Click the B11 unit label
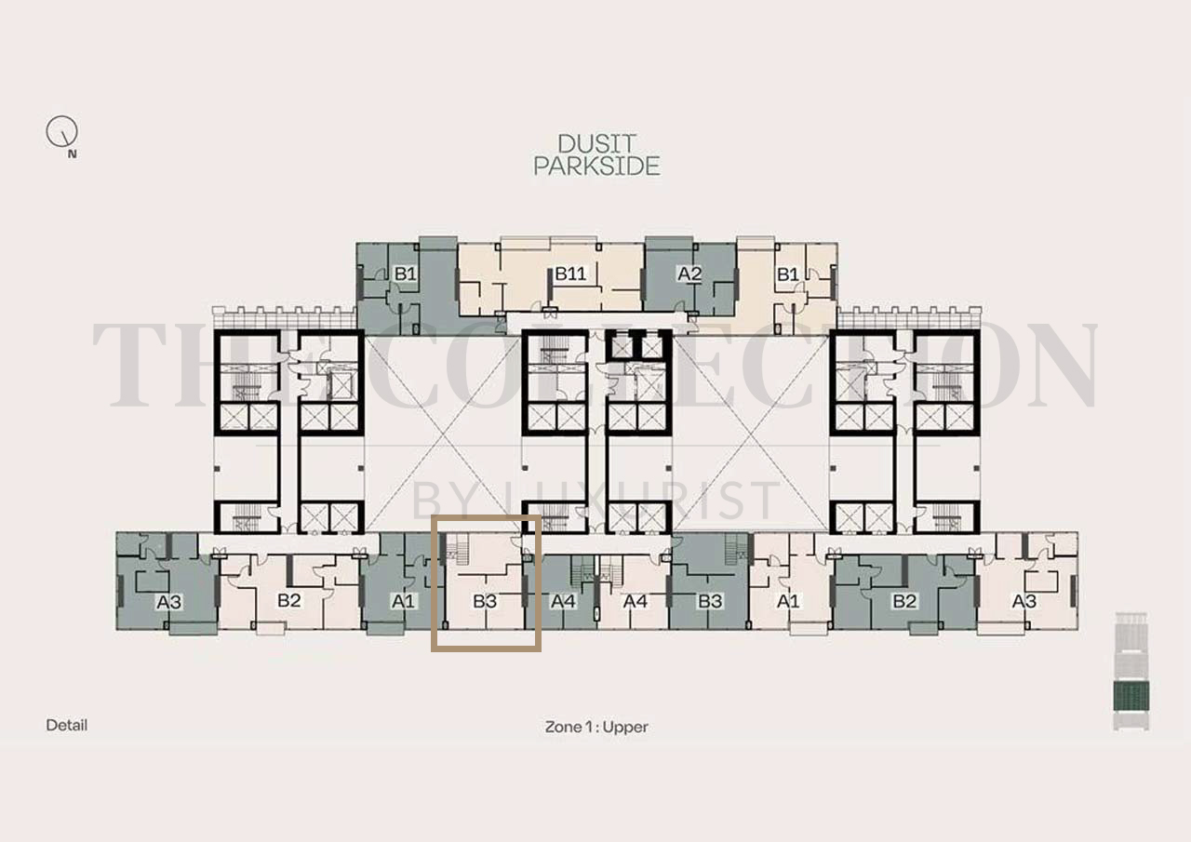click(570, 274)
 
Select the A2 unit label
click(689, 274)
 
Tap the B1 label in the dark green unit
click(405, 274)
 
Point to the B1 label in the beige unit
click(788, 274)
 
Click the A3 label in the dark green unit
click(169, 602)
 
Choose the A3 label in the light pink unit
click(1024, 601)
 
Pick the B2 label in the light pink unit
click(289, 600)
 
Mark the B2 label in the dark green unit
click(904, 601)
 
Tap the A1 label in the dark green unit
click(403, 601)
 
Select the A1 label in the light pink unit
click(788, 601)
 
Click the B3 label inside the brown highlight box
click(485, 601)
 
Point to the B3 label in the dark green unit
click(710, 601)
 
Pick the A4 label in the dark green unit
click(563, 601)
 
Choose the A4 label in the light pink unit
click(635, 601)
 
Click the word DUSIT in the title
click(596, 144)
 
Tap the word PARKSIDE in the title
click(596, 167)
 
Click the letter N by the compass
click(72, 154)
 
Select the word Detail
click(66, 725)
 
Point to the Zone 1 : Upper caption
click(596, 727)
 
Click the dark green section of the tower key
click(1131, 696)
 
